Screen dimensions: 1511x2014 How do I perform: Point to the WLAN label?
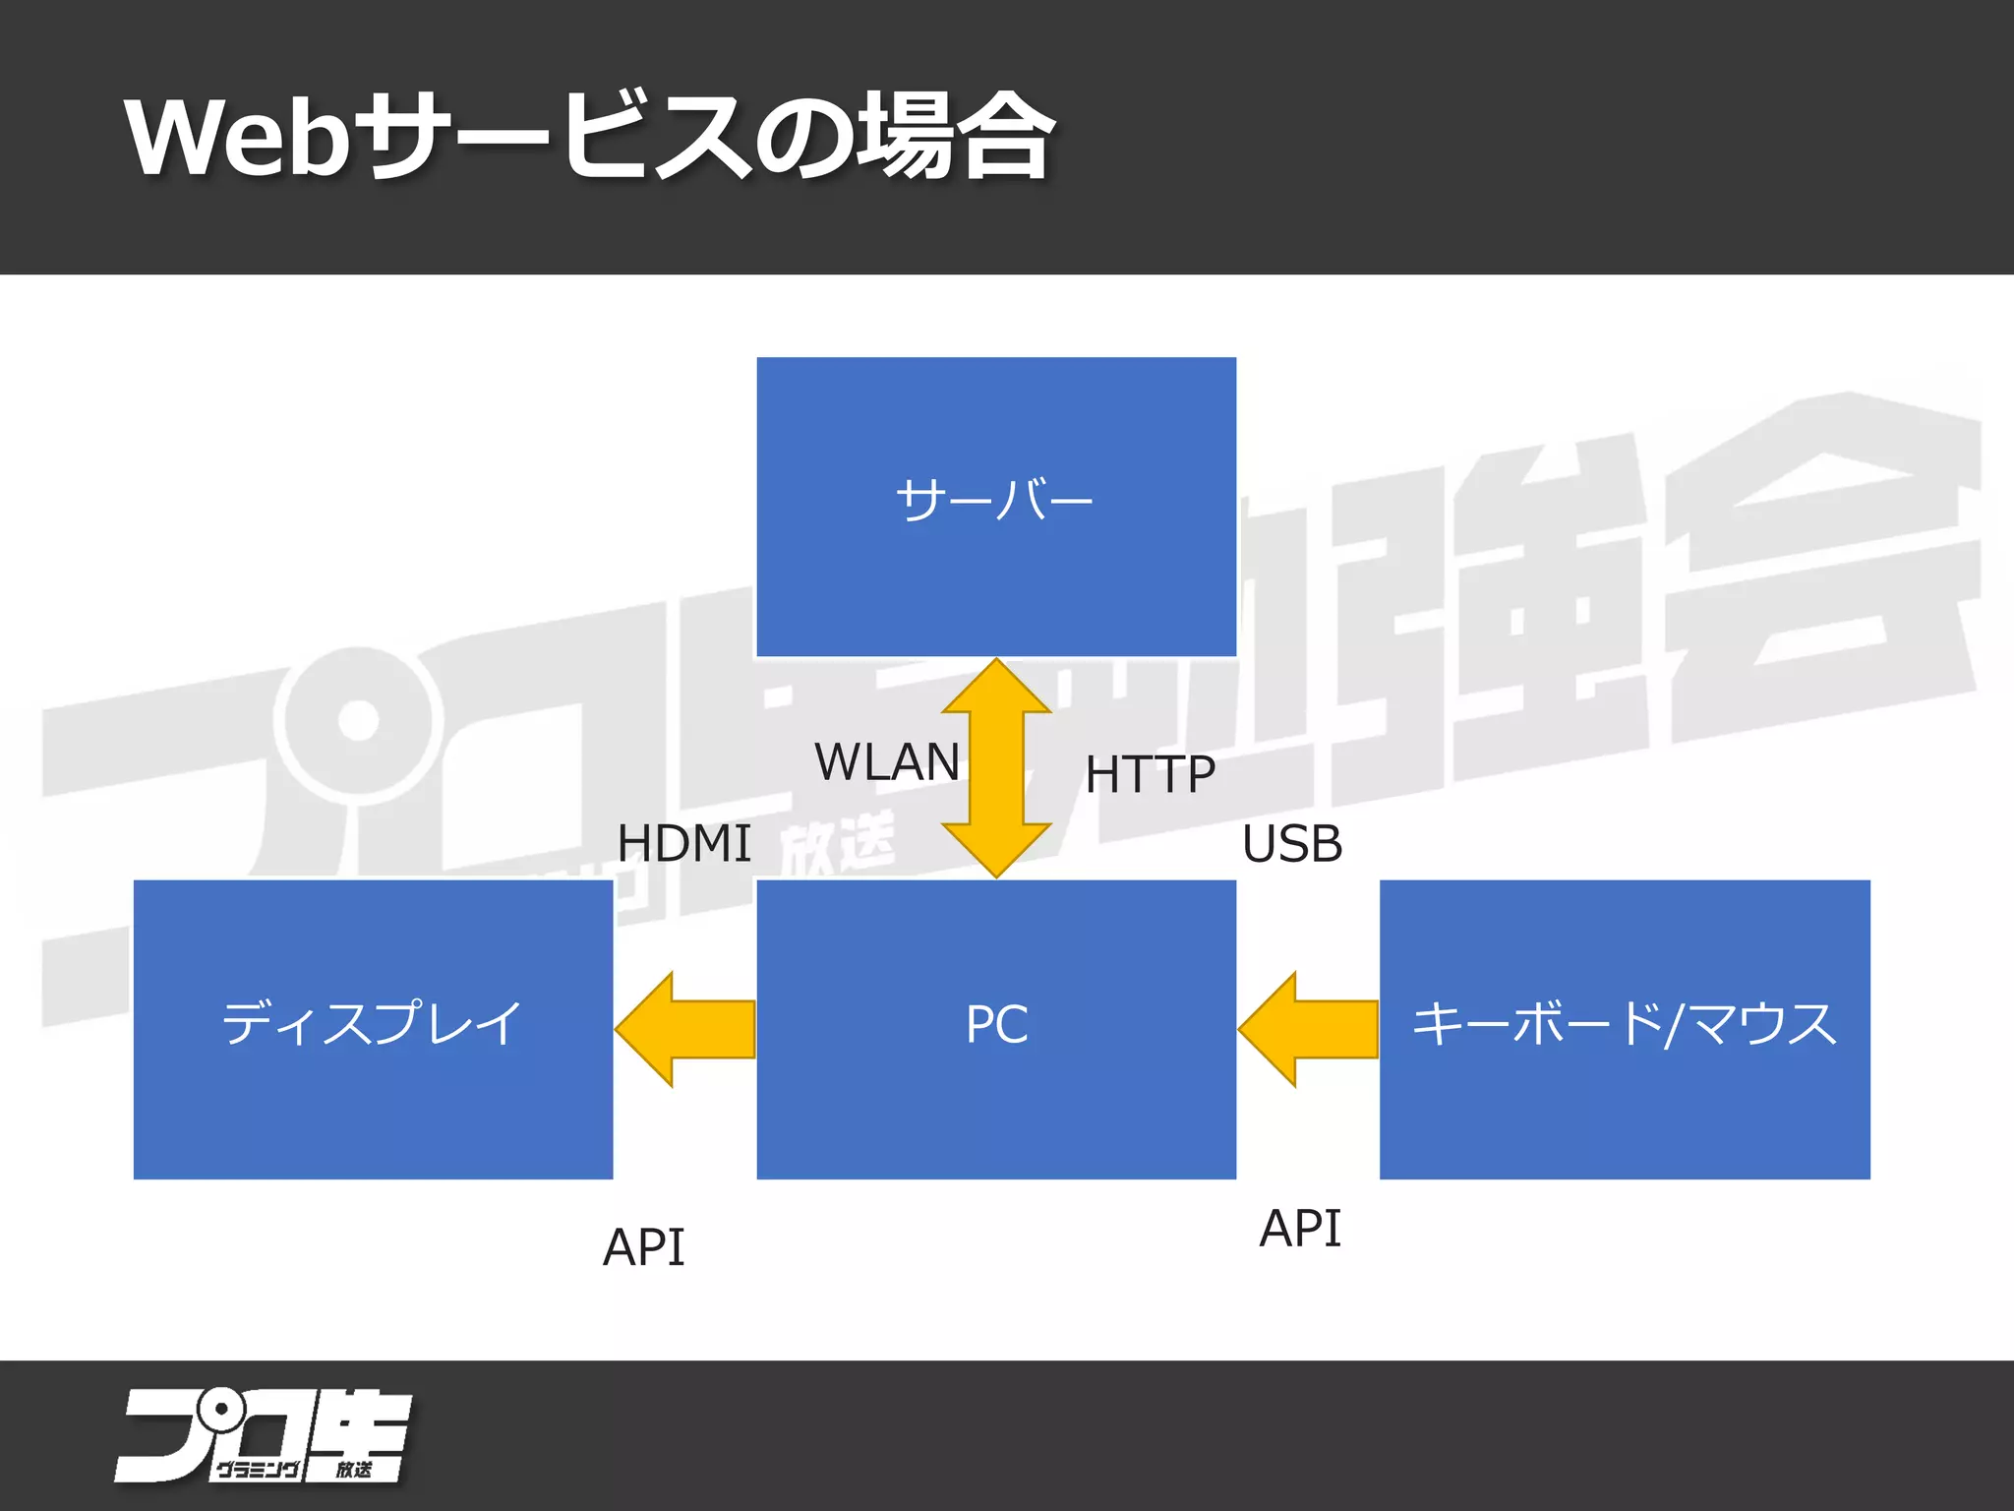[x=886, y=762]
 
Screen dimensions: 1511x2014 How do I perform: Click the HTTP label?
[x=1150, y=774]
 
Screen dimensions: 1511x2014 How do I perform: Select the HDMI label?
[x=683, y=844]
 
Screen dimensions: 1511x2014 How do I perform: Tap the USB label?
[x=1291, y=844]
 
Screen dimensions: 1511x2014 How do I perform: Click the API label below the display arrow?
[x=643, y=1247]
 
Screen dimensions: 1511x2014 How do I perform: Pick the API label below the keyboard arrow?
[x=1300, y=1229]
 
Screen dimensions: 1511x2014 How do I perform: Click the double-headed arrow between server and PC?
[x=996, y=767]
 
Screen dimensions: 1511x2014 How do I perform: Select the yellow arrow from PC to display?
[x=685, y=1029]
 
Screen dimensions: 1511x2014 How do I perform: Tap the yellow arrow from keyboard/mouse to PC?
[x=1308, y=1029]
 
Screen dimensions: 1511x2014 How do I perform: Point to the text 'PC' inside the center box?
[x=996, y=1024]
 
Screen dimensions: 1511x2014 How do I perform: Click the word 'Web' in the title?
[x=237, y=138]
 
